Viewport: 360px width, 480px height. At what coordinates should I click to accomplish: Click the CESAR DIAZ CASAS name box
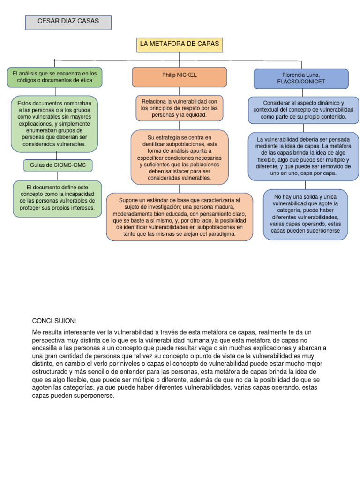(x=68, y=22)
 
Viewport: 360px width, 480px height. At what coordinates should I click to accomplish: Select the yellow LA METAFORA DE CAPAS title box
(x=180, y=45)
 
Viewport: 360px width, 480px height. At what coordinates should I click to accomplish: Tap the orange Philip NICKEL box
(x=180, y=77)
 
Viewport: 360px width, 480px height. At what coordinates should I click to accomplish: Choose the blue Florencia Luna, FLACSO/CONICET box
(x=301, y=78)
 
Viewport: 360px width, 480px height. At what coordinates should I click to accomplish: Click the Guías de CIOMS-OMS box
(x=58, y=165)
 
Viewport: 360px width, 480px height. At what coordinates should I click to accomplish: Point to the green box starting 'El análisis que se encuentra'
(x=55, y=77)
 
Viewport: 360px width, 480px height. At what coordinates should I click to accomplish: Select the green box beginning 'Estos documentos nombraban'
(x=55, y=124)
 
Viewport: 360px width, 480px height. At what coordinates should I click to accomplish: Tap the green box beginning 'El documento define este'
(x=57, y=199)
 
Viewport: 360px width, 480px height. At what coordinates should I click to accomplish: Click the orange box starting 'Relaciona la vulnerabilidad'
(x=180, y=108)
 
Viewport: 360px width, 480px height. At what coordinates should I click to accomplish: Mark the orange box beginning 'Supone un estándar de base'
(x=180, y=217)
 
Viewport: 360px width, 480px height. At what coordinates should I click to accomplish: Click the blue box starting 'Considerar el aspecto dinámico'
(x=303, y=110)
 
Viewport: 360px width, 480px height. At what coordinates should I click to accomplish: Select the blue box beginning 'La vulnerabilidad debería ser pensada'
(x=303, y=157)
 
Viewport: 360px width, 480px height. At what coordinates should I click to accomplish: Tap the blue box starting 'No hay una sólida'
(x=305, y=214)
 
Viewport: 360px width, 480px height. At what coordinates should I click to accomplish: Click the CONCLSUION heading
(x=54, y=321)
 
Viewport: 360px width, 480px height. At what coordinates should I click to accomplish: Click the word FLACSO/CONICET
(x=301, y=82)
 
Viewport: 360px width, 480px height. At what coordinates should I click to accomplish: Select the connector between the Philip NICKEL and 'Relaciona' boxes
(x=180, y=91)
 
